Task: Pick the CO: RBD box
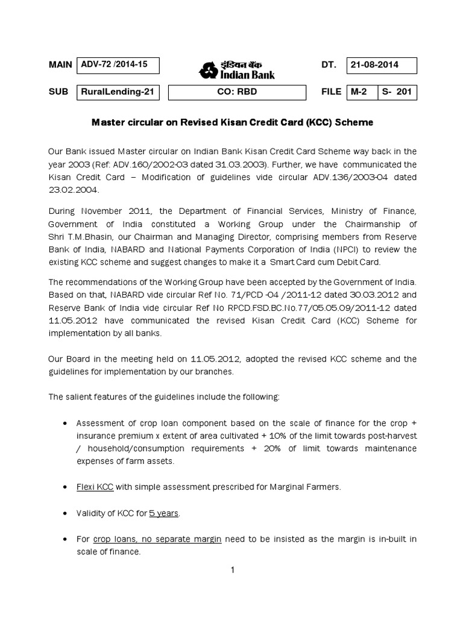236,92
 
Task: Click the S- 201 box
397,92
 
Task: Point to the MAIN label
60,65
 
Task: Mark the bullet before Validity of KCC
65,513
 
